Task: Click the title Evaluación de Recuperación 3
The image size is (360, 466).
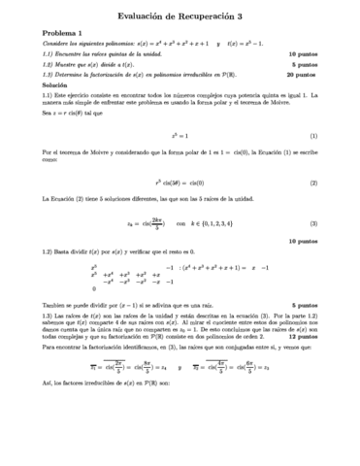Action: click(180, 16)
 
